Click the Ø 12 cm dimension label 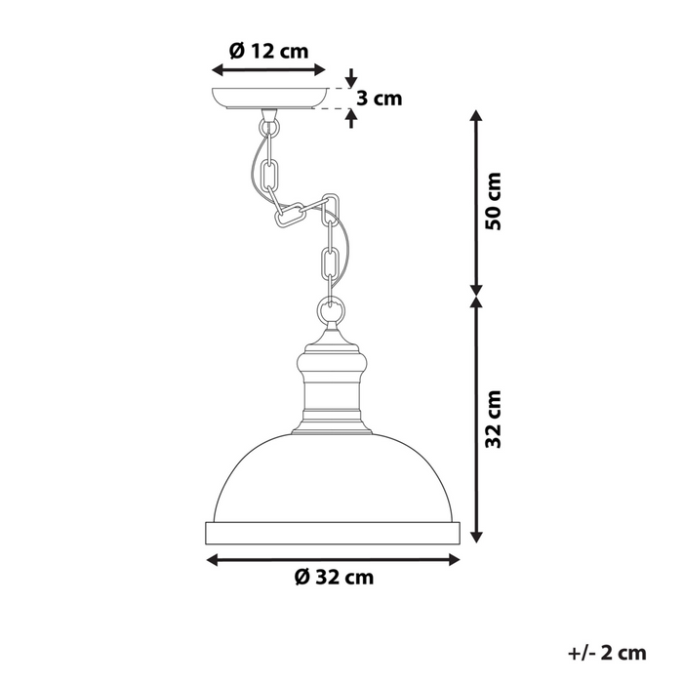point(268,52)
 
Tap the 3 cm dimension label point(379,98)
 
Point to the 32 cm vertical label point(495,419)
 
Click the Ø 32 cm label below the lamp point(334,577)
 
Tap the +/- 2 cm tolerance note point(606,652)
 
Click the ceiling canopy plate point(269,99)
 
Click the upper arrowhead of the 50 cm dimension point(475,116)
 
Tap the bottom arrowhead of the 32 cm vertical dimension point(475,537)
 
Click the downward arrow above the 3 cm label point(352,78)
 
